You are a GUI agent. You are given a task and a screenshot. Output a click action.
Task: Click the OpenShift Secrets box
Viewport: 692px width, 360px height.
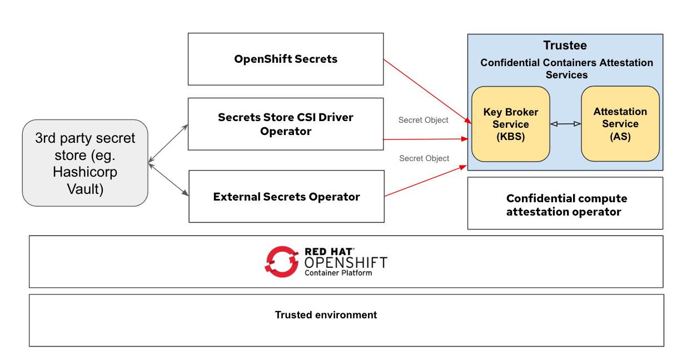pos(286,59)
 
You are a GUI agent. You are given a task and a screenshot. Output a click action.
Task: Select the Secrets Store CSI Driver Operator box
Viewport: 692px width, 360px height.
pos(286,124)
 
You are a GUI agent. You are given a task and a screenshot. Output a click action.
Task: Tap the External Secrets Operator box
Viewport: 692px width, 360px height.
pos(286,197)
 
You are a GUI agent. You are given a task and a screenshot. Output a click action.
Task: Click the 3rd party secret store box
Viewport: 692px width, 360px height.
pos(85,163)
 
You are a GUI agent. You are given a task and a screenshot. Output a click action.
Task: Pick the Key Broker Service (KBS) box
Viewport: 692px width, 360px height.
pos(510,124)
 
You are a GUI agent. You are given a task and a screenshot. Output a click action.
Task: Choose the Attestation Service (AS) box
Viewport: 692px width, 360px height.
pos(620,123)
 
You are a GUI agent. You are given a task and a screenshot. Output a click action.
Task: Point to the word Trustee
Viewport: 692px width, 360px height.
pos(565,46)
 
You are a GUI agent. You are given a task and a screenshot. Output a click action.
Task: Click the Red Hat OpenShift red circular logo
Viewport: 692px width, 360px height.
pos(282,262)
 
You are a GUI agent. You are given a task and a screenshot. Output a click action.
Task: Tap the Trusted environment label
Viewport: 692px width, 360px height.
pos(326,315)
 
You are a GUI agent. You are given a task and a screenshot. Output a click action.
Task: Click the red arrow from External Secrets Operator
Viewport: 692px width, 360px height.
pos(425,181)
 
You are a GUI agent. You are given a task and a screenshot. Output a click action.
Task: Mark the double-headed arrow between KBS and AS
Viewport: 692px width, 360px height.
pos(565,124)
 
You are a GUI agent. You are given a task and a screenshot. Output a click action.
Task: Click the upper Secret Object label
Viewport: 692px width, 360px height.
pos(423,120)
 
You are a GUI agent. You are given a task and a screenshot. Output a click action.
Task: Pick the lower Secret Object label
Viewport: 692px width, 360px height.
pos(424,158)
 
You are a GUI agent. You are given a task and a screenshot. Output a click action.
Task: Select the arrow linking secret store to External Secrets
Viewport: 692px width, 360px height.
pos(168,179)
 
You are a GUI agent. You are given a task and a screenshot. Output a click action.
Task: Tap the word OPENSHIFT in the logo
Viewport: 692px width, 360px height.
pos(345,263)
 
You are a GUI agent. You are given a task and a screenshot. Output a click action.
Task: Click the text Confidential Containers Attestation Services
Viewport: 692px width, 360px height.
pos(566,68)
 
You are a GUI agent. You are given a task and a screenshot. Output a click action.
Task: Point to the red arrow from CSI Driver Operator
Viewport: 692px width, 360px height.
pos(425,139)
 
